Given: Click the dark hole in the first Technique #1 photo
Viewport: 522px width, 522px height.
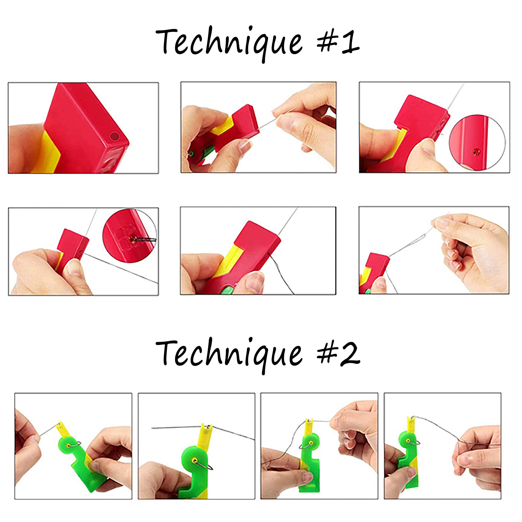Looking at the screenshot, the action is [x=114, y=136].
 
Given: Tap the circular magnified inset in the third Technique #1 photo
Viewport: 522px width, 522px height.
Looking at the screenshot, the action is [x=477, y=142].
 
